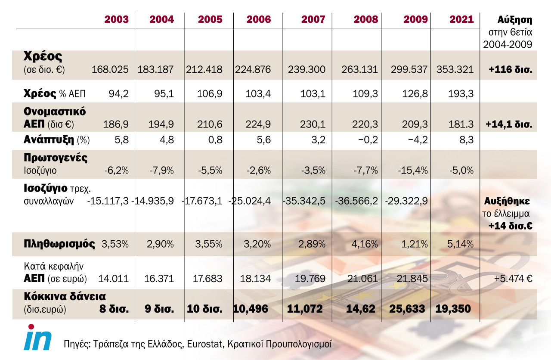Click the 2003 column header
click(x=116, y=19)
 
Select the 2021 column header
click(x=461, y=19)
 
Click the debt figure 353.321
click(x=455, y=70)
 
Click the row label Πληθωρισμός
click(x=59, y=244)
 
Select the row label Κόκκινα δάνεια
click(x=65, y=296)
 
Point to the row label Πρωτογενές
click(x=56, y=157)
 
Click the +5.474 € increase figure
click(x=514, y=279)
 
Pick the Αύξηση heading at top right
click(x=515, y=20)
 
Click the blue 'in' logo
click(x=38, y=337)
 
